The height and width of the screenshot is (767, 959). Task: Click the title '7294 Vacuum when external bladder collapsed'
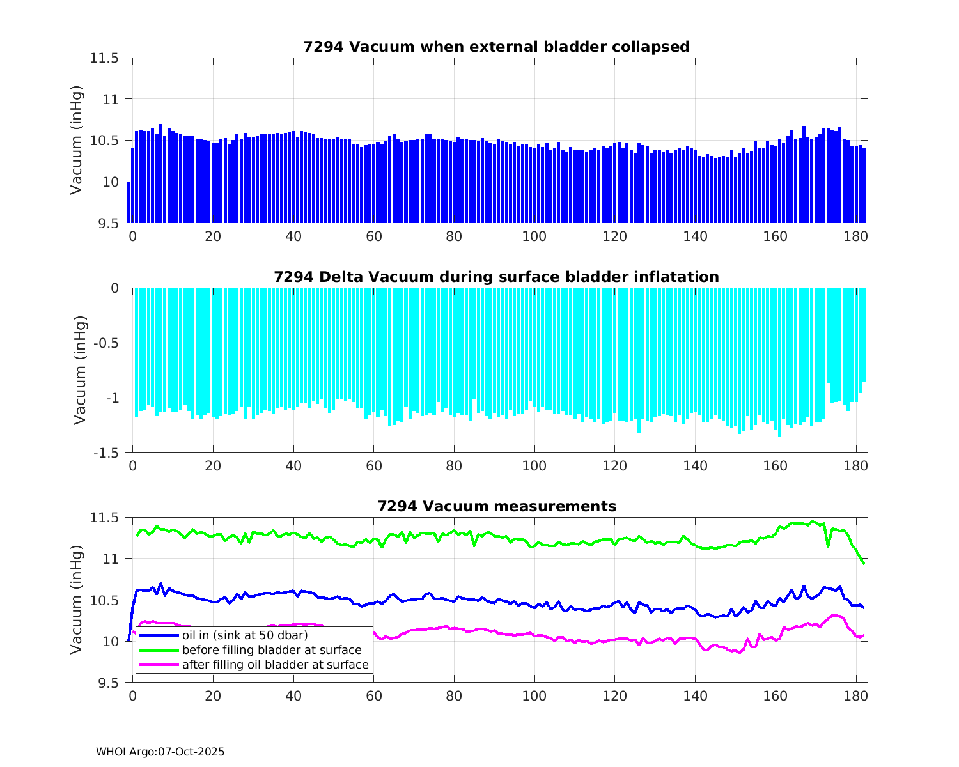[x=496, y=47]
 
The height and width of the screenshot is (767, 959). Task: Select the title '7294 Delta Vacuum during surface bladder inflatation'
[x=496, y=277]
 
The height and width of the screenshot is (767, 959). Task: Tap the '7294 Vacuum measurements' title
[x=496, y=507]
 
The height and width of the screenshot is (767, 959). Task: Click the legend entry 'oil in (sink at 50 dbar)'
[x=245, y=635]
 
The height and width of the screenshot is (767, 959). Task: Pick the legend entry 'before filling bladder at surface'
[x=272, y=650]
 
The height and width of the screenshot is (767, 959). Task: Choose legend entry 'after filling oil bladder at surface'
[x=275, y=665]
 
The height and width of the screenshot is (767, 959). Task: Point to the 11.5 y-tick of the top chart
[x=104, y=58]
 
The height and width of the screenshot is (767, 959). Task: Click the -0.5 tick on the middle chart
[x=105, y=343]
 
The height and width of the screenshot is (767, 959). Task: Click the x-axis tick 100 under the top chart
[x=534, y=236]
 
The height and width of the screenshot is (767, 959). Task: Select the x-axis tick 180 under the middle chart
[x=856, y=466]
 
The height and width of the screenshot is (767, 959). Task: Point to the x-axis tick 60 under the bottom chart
[x=374, y=696]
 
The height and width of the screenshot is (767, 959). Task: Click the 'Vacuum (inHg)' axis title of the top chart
[x=77, y=140]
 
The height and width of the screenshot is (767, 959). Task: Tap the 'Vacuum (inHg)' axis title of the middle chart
[x=80, y=370]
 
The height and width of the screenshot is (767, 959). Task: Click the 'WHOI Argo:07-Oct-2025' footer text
[x=160, y=752]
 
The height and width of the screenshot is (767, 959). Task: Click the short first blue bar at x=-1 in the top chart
[x=129, y=203]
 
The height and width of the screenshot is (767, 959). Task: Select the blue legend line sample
[x=159, y=635]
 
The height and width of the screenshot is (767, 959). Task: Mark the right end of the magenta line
[x=864, y=635]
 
